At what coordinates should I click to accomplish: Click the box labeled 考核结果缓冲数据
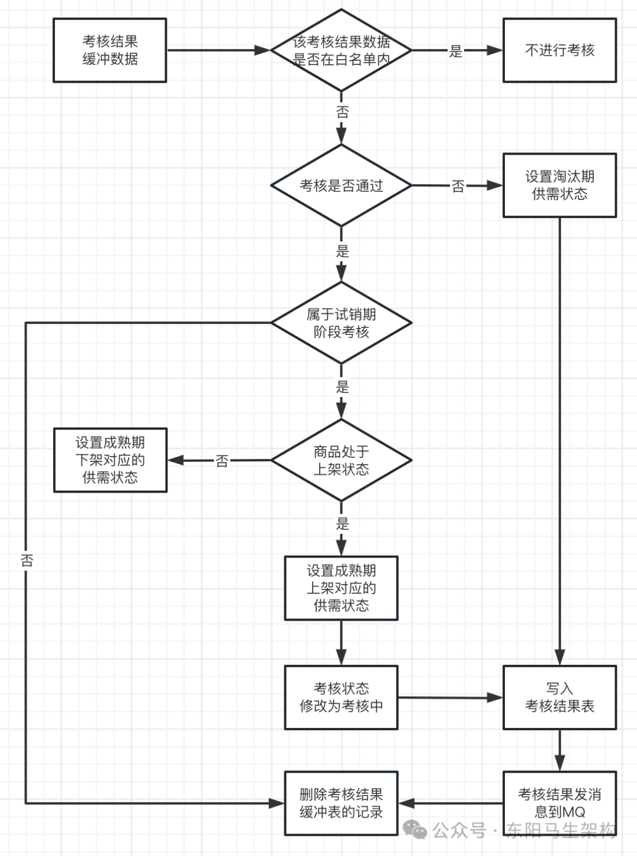pos(110,50)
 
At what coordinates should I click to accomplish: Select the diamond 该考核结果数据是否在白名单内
pos(341,50)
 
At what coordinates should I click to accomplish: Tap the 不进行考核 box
pos(559,50)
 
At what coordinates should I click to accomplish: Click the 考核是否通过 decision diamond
pos(341,186)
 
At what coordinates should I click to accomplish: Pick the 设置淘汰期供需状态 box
pos(559,185)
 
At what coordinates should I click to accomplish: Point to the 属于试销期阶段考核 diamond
pos(341,323)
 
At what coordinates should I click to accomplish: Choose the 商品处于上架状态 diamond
pos(341,460)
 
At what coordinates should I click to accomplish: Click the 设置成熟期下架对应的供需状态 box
pos(110,460)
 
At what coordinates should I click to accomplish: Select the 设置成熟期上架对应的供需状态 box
pos(341,588)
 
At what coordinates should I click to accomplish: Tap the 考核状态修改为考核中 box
pos(341,697)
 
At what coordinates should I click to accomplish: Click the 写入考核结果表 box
pos(559,697)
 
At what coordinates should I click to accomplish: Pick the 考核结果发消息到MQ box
pos(559,803)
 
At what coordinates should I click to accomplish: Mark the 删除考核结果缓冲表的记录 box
pos(341,803)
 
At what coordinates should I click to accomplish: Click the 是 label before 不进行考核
pos(456,51)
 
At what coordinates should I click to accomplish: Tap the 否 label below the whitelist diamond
pos(342,111)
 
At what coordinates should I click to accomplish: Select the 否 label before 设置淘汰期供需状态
pos(458,186)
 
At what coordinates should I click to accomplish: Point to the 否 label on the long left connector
pos(27,560)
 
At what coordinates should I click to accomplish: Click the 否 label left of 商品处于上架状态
pos(222,461)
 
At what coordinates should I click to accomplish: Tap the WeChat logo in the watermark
pos(415,830)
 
